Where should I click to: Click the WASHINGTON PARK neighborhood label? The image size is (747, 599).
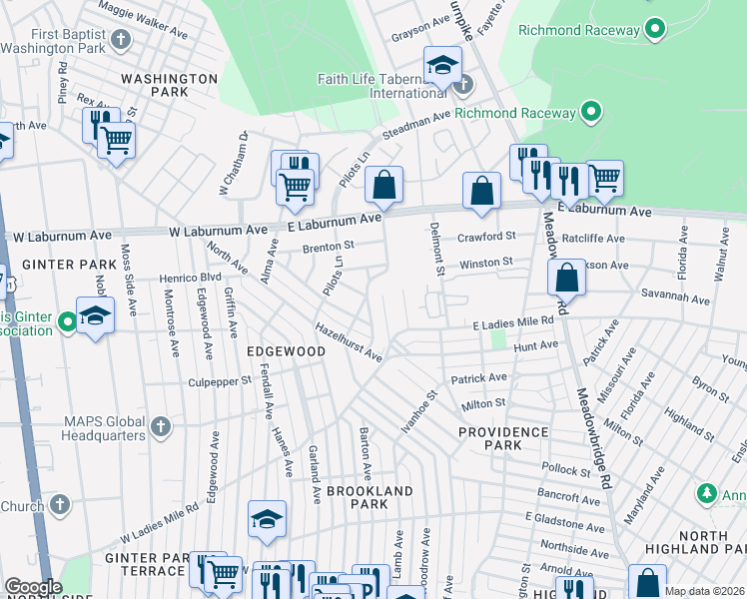coord(169,85)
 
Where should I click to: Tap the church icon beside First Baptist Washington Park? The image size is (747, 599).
coord(121,40)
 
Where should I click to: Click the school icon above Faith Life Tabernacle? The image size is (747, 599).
coord(441,66)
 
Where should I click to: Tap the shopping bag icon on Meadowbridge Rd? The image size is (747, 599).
coord(566,277)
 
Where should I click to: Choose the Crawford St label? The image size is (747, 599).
coord(485,238)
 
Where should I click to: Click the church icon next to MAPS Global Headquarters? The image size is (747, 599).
coord(160,428)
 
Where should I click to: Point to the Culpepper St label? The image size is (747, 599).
coord(219,382)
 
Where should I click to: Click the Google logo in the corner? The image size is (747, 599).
coord(33,587)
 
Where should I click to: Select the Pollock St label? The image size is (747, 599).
coord(567,468)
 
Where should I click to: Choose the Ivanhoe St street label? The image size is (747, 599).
coord(419,410)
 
